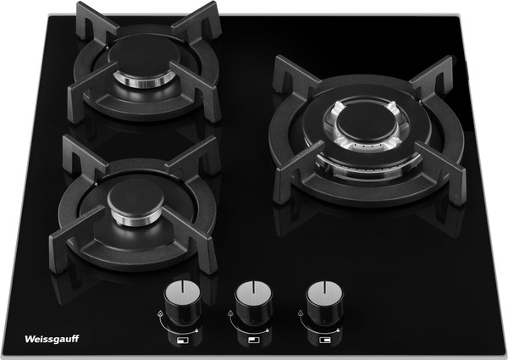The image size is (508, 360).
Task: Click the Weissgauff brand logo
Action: [x=52, y=339]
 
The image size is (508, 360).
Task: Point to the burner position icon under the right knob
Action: [x=324, y=341]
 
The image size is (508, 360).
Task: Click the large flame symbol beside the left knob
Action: [x=160, y=313]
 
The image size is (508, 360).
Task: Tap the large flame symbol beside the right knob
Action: [x=301, y=313]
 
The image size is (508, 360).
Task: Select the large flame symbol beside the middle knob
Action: [x=230, y=313]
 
